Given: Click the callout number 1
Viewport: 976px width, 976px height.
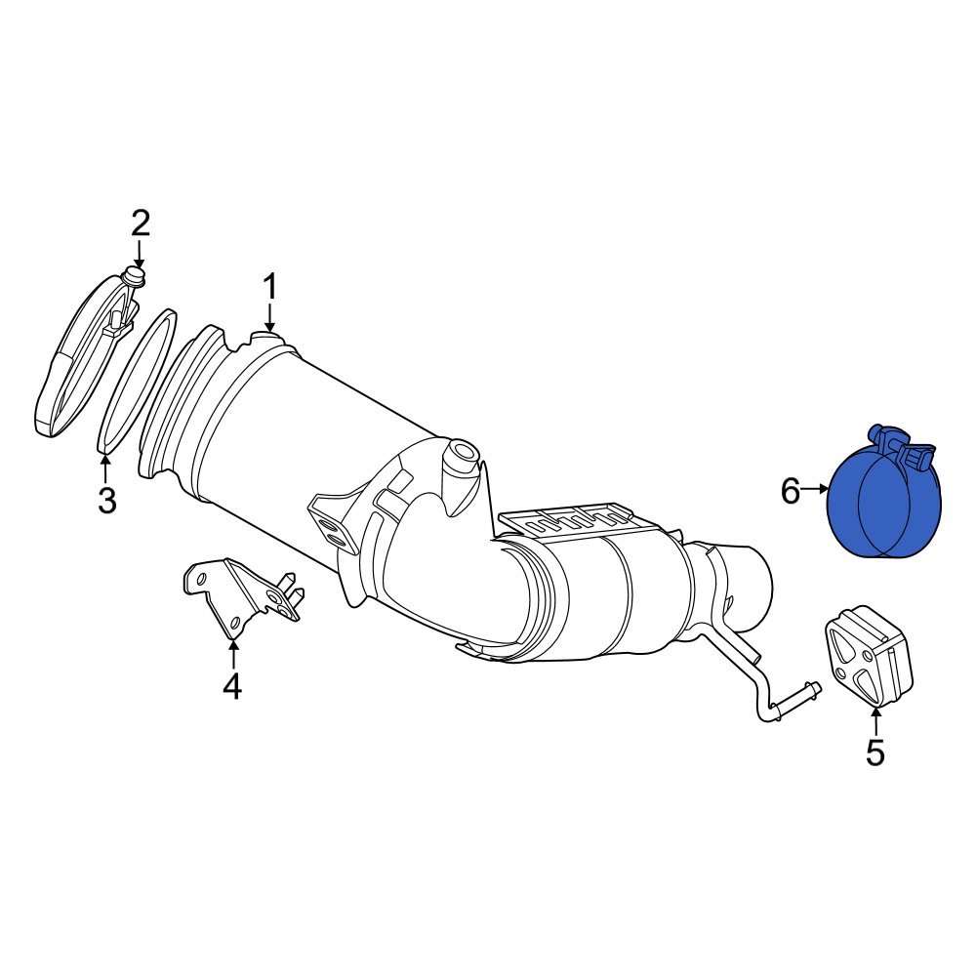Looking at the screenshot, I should [x=269, y=288].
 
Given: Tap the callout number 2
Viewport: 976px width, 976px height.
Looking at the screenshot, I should [x=141, y=224].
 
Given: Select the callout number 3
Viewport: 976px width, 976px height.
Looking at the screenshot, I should [x=106, y=501].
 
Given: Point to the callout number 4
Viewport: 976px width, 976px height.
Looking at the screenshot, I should [x=231, y=687].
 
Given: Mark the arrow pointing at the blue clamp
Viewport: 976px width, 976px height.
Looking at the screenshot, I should [x=815, y=491].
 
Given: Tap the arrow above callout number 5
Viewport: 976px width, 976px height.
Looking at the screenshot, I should [x=875, y=722].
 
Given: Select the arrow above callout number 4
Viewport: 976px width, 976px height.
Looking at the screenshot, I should [x=231, y=656].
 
